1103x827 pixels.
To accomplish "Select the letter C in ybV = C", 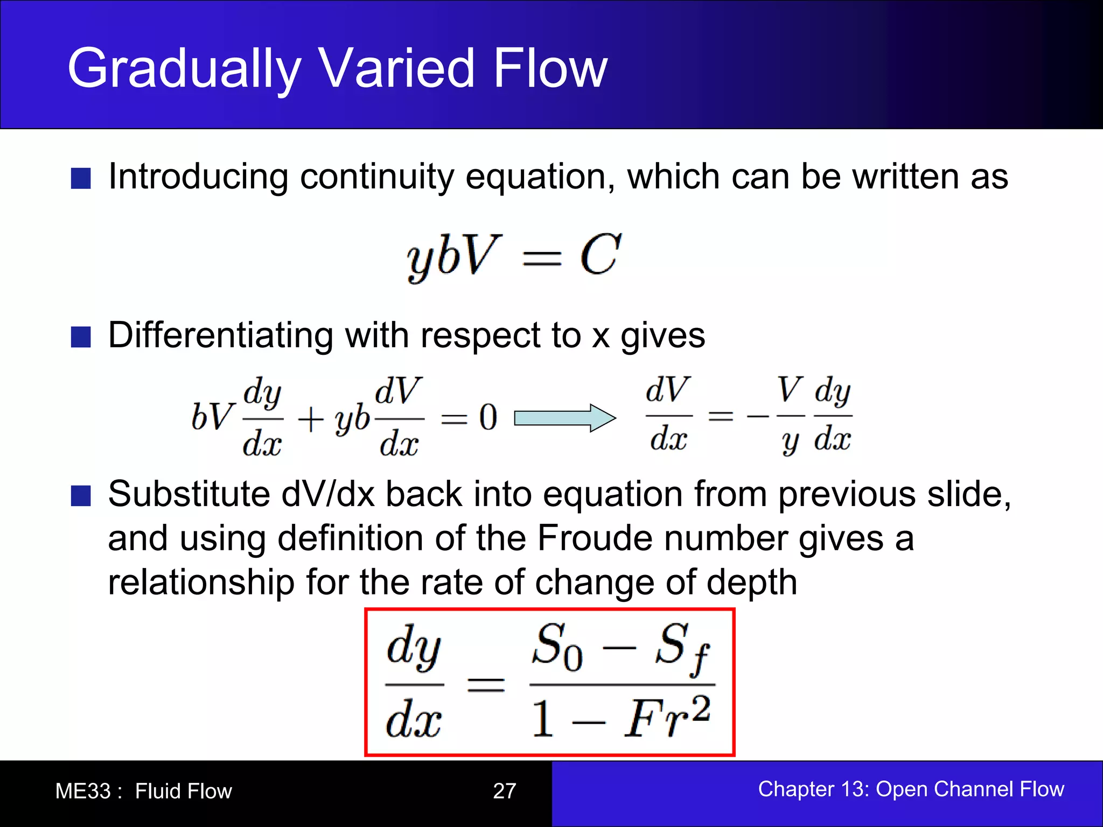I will tap(600, 255).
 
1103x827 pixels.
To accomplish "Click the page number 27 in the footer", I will tap(504, 791).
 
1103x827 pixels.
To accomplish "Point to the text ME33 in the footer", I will tap(82, 791).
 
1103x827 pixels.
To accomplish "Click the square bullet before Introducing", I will tap(81, 178).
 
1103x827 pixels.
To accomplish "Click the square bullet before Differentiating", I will tap(81, 337).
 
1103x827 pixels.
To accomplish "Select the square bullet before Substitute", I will tap(81, 496).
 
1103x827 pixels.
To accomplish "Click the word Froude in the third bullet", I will tap(595, 538).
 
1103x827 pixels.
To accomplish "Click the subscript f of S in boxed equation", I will tap(701, 660).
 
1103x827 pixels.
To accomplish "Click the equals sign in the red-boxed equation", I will tap(485, 685).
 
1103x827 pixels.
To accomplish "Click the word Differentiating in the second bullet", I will tap(220, 335).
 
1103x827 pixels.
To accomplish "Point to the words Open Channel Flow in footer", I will tap(969, 789).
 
